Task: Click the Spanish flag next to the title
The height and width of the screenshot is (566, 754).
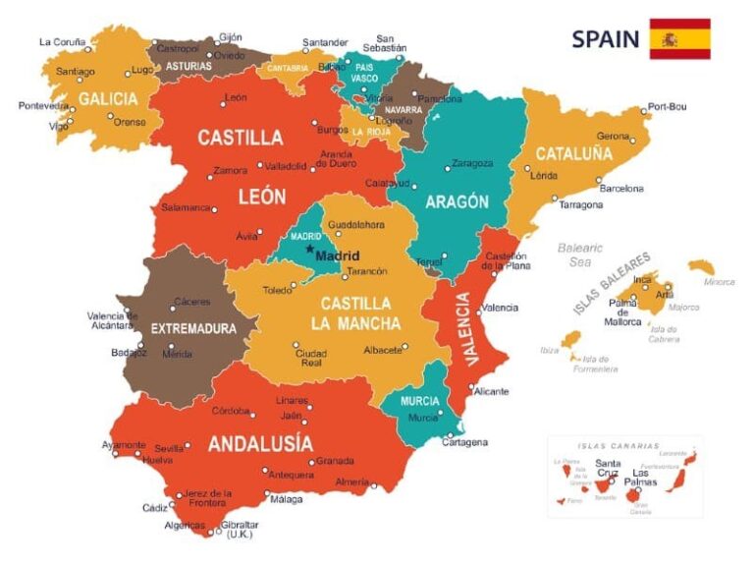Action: pos(679,38)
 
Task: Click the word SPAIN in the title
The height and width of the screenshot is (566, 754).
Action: pos(605,39)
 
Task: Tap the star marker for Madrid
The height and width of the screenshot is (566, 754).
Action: pos(309,250)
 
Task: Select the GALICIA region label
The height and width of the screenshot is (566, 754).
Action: pos(108,99)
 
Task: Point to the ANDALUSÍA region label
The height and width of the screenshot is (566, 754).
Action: pos(260,443)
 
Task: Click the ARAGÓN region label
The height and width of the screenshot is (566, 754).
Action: pos(457,201)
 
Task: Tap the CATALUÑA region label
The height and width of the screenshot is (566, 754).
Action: pos(573,153)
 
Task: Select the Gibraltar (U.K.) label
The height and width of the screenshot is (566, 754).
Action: pos(240,530)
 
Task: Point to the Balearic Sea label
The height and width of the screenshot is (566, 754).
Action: pos(579,255)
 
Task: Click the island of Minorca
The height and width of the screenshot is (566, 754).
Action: pos(701,266)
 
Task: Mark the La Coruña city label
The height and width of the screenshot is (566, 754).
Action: pos(61,42)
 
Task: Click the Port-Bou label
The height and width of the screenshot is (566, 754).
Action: pos(666,107)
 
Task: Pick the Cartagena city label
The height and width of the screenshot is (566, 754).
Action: pos(464,442)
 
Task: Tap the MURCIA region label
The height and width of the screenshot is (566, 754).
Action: pos(419,401)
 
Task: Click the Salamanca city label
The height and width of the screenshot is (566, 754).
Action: pos(186,207)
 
